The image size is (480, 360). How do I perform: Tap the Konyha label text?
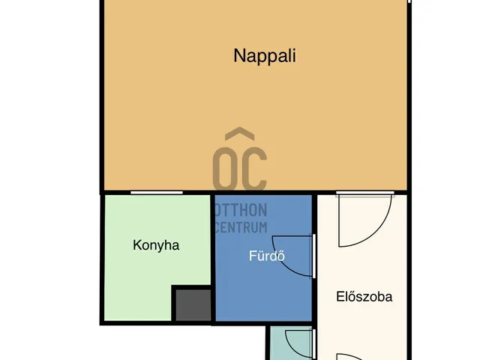[x=156, y=245]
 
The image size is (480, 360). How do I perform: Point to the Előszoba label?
[x=364, y=296]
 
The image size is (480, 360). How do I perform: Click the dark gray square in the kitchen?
[x=193, y=305]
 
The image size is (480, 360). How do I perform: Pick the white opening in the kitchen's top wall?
[x=156, y=193]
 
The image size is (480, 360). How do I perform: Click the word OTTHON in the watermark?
[x=241, y=211]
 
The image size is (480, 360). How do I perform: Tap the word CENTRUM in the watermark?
[x=241, y=226]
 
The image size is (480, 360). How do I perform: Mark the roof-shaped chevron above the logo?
[x=240, y=136]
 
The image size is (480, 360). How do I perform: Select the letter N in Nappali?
[x=239, y=55]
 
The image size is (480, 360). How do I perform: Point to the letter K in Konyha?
[x=137, y=245]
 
